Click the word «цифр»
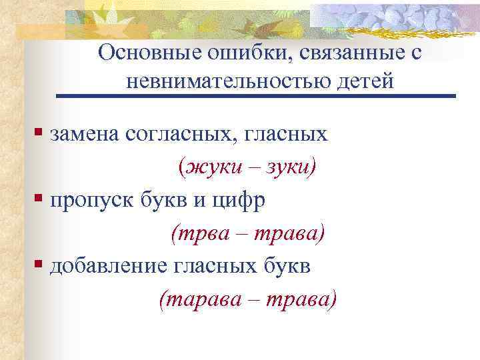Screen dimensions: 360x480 tap(245, 200)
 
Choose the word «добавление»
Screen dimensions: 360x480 tap(106, 266)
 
